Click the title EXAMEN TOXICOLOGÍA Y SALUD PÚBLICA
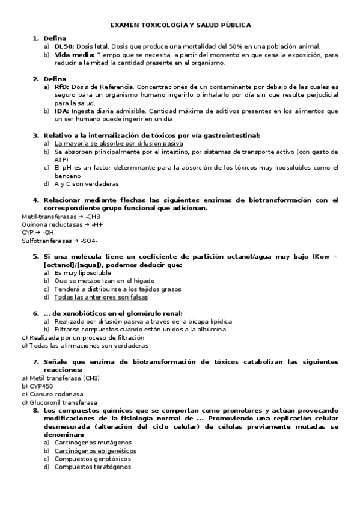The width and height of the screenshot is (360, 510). tap(180, 25)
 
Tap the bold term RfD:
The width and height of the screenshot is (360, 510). tap(61, 87)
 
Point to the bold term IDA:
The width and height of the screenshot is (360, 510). tap(61, 111)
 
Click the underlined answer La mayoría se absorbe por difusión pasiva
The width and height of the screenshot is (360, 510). tap(118, 144)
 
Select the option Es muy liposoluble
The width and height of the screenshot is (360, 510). tap(82, 272)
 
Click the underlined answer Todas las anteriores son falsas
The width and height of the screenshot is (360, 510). tap(101, 296)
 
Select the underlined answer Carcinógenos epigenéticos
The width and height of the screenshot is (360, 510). tap(95, 450)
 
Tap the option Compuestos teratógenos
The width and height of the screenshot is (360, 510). tap(93, 466)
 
